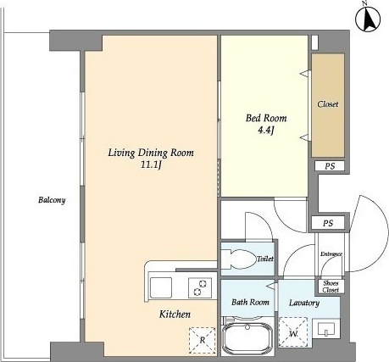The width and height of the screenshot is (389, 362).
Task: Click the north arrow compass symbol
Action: click(x=368, y=19)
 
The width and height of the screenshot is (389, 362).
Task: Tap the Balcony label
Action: click(x=52, y=200)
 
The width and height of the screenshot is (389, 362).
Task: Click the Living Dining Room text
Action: click(x=151, y=153)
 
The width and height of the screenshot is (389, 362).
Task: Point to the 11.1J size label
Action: click(x=151, y=165)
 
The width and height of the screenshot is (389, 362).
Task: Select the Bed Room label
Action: click(x=266, y=118)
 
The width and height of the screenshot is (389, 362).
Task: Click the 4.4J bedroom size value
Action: click(x=266, y=131)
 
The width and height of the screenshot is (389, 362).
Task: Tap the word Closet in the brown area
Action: click(x=328, y=104)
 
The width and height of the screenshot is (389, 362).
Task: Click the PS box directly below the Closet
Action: click(x=330, y=166)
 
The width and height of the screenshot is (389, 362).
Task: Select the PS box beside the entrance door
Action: click(x=328, y=223)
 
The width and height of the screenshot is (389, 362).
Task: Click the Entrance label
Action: click(x=331, y=254)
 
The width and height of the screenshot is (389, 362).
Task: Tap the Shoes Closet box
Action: click(x=331, y=287)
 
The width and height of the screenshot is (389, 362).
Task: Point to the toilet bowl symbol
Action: click(x=239, y=259)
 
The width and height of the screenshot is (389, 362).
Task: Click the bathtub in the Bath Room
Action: click(x=247, y=339)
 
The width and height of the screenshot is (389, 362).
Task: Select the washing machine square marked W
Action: click(x=293, y=331)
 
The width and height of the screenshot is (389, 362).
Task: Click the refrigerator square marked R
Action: click(x=202, y=340)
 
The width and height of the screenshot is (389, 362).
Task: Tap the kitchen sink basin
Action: click(x=161, y=287)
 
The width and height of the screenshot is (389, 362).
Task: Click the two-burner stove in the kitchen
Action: click(x=200, y=287)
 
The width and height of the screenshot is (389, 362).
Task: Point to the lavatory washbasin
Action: click(x=326, y=329)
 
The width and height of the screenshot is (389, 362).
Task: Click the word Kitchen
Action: click(x=175, y=315)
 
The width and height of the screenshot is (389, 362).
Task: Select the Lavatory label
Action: click(x=304, y=303)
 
